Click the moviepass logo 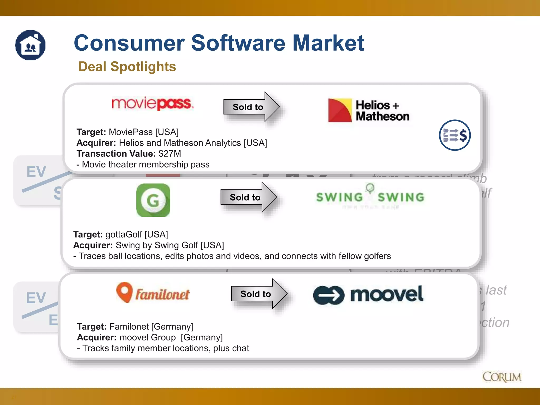153,103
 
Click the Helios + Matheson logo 369,110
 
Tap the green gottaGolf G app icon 153,200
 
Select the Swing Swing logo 370,197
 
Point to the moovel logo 368,295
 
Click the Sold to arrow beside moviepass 251,107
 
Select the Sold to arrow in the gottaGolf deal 248,197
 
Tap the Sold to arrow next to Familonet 258,294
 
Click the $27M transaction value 170,153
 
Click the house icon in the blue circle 30,45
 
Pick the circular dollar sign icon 455,135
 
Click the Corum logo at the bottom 502,377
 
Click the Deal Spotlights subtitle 127,66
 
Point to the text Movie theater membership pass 146,165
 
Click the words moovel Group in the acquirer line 147,337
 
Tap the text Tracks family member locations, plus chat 166,348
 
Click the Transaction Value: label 116,153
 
